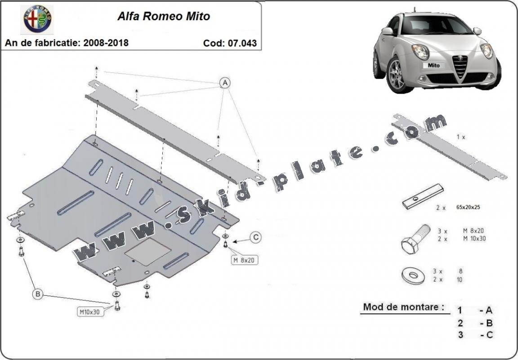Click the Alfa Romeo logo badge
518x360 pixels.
point(38,19)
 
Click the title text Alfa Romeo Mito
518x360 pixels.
point(164,17)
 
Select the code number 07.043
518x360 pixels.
point(243,43)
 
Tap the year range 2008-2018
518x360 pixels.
point(106,43)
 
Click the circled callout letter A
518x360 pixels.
point(224,83)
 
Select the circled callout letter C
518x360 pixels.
point(255,238)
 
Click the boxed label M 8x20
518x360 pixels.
point(245,259)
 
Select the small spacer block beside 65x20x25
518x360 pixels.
point(423,198)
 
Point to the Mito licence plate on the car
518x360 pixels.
point(433,65)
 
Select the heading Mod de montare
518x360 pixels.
point(404,307)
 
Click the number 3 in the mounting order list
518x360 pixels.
point(460,335)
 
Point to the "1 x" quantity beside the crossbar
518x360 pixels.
point(460,137)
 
